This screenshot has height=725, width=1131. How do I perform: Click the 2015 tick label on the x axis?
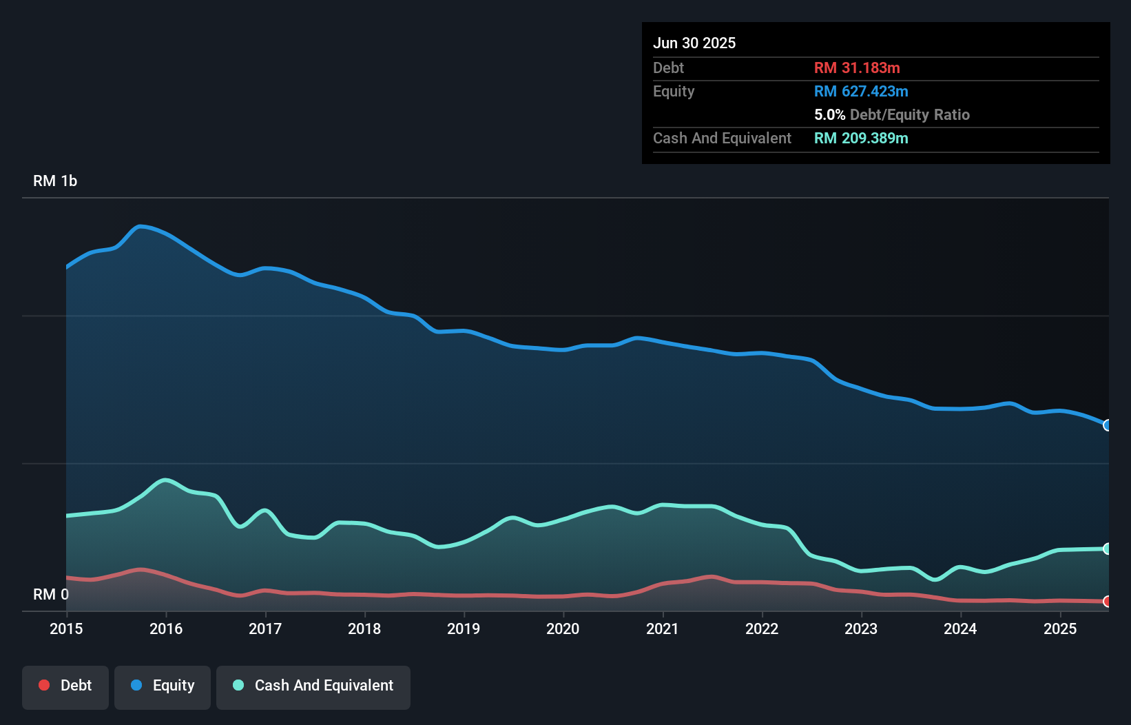[66, 629]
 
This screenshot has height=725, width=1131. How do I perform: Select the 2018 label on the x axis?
[364, 629]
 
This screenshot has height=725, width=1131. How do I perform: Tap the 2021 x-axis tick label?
[662, 629]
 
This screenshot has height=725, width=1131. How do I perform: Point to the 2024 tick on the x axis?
[960, 629]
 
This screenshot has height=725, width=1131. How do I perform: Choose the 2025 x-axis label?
[1060, 629]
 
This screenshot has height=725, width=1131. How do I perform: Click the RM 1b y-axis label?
[55, 181]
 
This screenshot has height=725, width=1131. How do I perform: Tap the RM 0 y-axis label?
[51, 594]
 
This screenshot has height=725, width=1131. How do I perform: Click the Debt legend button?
[65, 686]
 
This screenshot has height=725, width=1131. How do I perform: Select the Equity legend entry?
[163, 686]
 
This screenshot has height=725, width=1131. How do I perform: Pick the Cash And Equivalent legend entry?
[313, 686]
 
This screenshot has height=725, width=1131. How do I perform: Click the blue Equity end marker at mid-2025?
[1108, 425]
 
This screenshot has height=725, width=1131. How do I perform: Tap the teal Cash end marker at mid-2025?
[1108, 549]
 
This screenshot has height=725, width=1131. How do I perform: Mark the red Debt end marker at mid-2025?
[1108, 602]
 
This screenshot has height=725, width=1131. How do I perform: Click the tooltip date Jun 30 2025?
[694, 43]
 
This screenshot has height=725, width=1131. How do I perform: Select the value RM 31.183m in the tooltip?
[857, 68]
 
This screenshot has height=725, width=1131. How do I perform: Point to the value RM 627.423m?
[861, 91]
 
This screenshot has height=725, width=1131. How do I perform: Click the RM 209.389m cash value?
[861, 138]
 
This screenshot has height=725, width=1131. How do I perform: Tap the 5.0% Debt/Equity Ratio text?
[891, 114]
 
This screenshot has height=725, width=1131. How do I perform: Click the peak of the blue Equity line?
[141, 226]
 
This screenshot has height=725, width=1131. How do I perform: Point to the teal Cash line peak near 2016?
[165, 480]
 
